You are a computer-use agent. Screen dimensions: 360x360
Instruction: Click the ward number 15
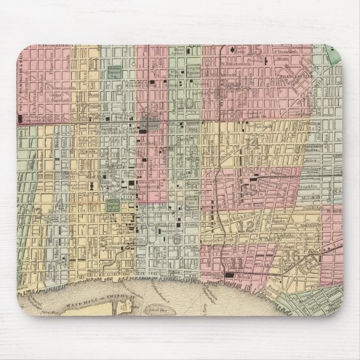coord(257,51)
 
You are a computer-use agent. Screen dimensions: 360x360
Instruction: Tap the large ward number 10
coord(182,103)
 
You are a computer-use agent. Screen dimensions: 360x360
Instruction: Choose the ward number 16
coord(294,255)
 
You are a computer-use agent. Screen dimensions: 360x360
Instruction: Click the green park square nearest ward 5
coord(111,204)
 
